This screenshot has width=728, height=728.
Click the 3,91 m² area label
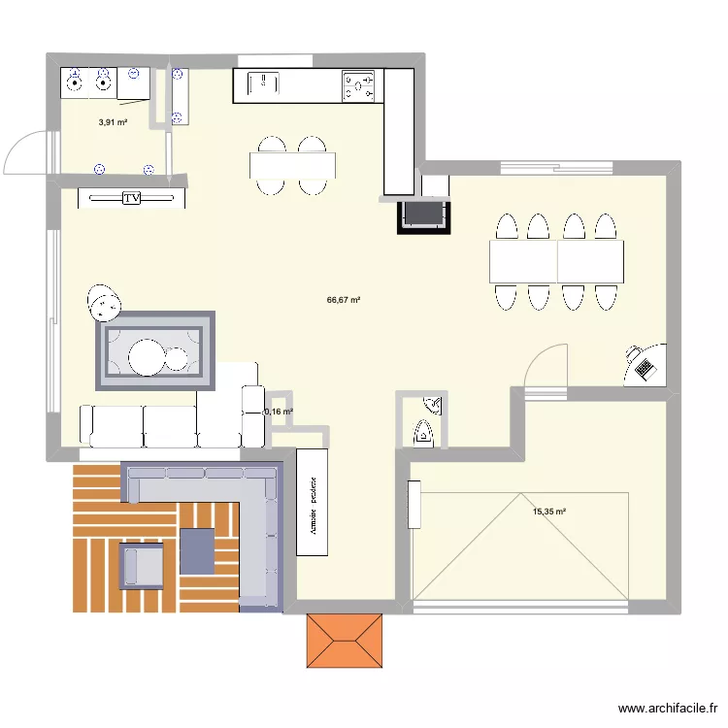coord(113,122)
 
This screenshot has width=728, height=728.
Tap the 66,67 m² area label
coord(344,301)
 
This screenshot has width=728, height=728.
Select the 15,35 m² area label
coord(548,512)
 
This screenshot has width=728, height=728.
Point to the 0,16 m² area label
coord(279,412)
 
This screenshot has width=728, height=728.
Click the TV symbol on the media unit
coord(131,198)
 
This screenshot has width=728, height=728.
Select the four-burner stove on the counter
coord(358,87)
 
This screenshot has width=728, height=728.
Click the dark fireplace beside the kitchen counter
coord(423,214)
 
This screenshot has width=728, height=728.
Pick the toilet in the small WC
coord(424,431)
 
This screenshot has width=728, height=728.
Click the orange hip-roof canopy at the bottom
coord(346,641)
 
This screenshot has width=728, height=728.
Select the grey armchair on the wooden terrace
coord(142,566)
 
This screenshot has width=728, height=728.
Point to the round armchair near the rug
coord(104,302)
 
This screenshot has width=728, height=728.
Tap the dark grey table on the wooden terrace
coord(197,550)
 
